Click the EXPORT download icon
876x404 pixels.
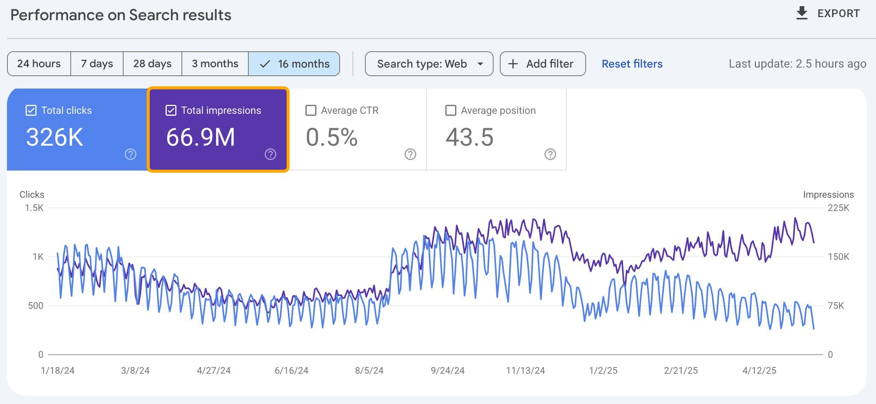click(x=802, y=13)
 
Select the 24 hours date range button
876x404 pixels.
click(x=39, y=64)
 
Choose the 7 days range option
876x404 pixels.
click(x=97, y=64)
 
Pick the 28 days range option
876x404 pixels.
click(x=152, y=64)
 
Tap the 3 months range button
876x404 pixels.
click(x=215, y=64)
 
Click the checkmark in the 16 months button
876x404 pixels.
click(x=265, y=64)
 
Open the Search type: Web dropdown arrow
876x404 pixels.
click(x=480, y=64)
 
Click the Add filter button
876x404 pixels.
click(x=542, y=64)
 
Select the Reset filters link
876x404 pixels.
click(x=632, y=64)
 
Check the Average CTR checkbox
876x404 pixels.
click(x=311, y=110)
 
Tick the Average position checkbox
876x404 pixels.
click(x=450, y=110)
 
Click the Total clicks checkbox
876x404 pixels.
click(x=31, y=110)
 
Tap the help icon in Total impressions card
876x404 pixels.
click(x=270, y=154)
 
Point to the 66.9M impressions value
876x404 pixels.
click(x=200, y=137)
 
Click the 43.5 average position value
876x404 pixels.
click(x=469, y=137)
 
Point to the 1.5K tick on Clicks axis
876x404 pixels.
click(x=34, y=208)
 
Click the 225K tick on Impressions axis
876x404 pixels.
click(x=838, y=208)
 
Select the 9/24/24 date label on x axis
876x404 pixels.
click(x=447, y=371)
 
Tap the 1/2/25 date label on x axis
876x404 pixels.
click(x=603, y=371)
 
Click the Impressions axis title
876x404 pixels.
click(x=828, y=195)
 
